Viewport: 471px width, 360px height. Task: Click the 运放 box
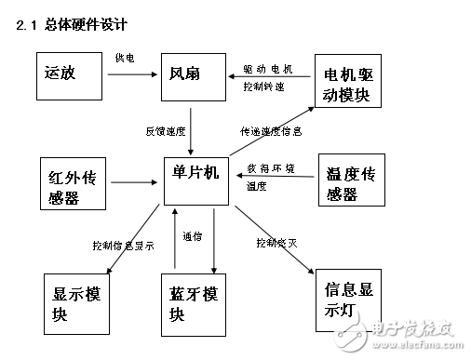(x=69, y=79)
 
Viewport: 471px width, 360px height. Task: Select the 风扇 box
(x=194, y=79)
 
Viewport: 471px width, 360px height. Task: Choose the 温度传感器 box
(x=351, y=180)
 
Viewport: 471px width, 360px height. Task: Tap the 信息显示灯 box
(x=344, y=298)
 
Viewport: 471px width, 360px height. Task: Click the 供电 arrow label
(x=124, y=58)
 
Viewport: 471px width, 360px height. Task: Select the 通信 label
(x=193, y=236)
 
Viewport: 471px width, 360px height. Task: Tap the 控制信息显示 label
(x=123, y=246)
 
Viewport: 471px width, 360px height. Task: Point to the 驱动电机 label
(x=267, y=69)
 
